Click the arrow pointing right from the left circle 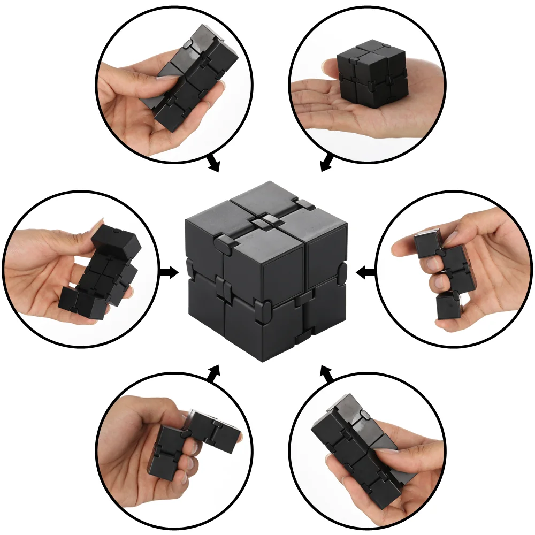(x=170, y=273)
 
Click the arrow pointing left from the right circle (x=365, y=273)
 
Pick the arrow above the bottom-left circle (x=213, y=373)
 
